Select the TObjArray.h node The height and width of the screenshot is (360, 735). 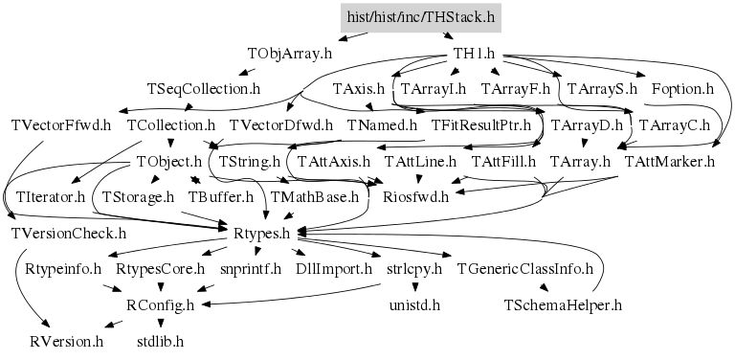(290, 54)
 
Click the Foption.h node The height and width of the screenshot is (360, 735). (682, 89)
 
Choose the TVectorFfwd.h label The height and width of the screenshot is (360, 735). (61, 125)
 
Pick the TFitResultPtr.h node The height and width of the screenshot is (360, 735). (481, 125)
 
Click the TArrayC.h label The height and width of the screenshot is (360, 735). (675, 125)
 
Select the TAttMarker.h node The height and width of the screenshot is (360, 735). (670, 161)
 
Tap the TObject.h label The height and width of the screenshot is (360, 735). (169, 161)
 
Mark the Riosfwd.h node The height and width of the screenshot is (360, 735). (414, 197)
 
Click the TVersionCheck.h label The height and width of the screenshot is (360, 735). (68, 233)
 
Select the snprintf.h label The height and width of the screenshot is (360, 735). (251, 269)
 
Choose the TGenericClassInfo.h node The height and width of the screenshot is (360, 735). (525, 269)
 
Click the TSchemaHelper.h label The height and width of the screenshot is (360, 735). (563, 305)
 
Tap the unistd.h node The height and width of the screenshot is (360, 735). (414, 305)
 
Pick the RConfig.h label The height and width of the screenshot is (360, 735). (160, 305)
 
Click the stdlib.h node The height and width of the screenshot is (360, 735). (160, 341)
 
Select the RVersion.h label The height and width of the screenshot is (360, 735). (67, 341)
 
